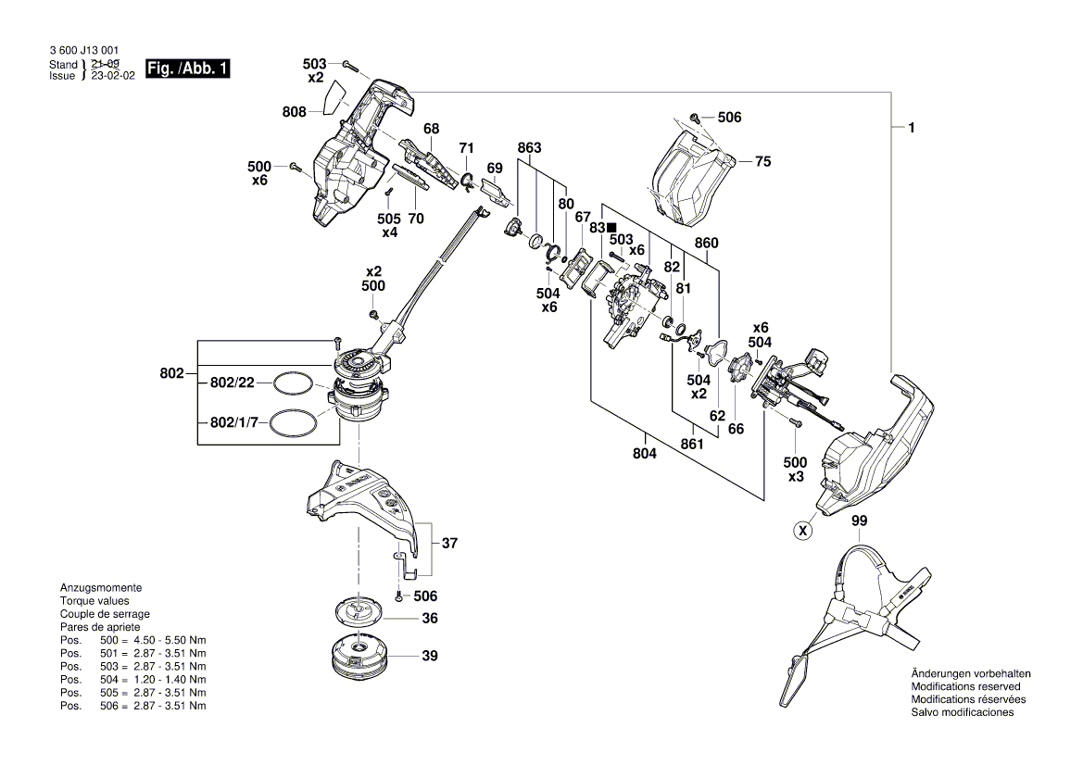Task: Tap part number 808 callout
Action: coord(295,112)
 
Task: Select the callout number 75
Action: coord(762,161)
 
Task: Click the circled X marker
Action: coord(803,531)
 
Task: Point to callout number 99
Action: coord(860,522)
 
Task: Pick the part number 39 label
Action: coord(429,657)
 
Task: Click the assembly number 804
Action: coord(644,454)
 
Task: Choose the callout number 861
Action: coord(691,445)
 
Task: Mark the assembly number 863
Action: coord(529,148)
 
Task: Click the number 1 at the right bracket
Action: coord(912,129)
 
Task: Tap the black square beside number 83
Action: coord(611,227)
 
